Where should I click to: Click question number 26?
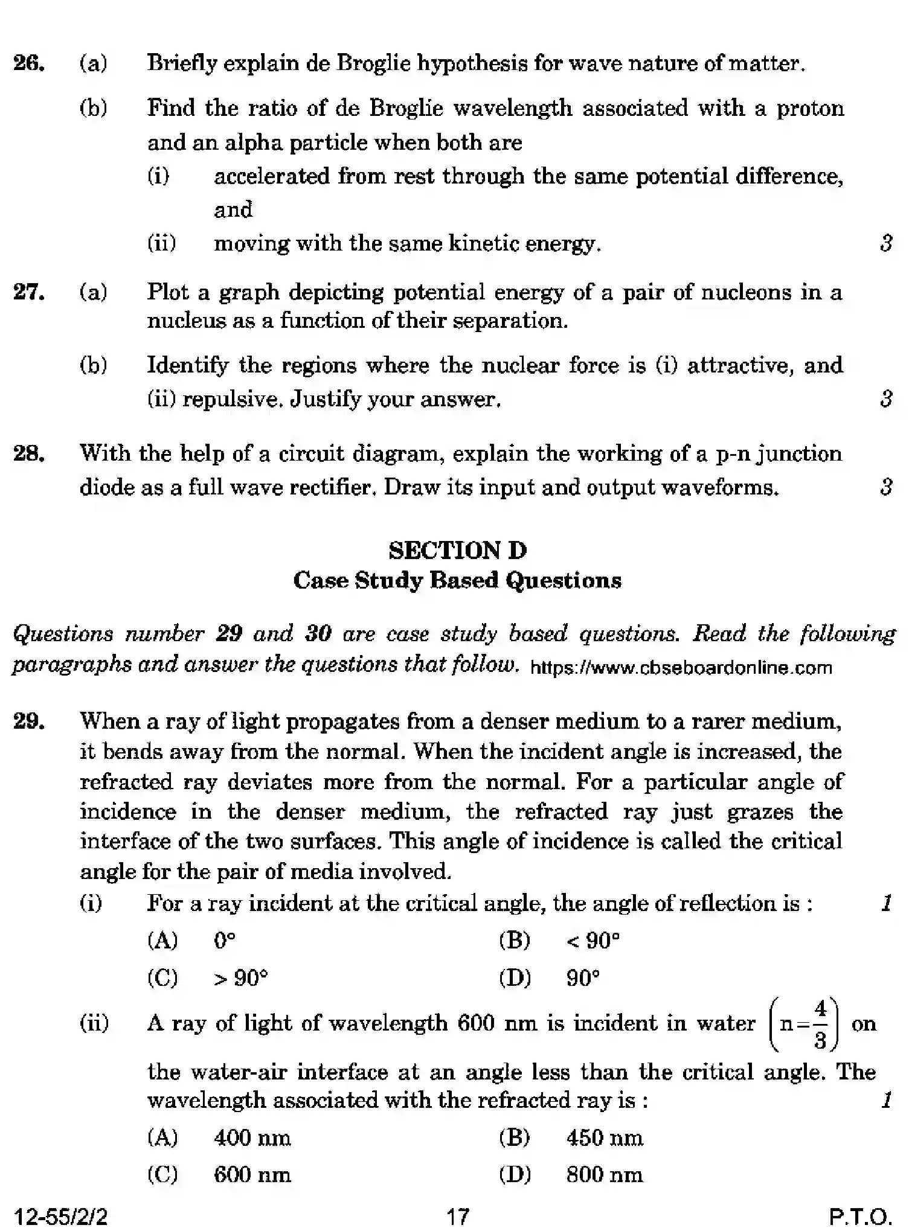29,63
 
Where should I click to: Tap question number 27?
29,292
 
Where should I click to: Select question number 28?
29,453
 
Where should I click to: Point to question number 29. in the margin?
29,721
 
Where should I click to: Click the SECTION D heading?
457,550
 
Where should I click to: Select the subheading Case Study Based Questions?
457,580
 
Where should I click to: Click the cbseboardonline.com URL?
681,668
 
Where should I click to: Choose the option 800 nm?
604,1175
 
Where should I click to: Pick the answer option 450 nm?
604,1138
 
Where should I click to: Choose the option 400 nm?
252,1138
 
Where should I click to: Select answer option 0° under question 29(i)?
225,941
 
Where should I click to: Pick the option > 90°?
240,977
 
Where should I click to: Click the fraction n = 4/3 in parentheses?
803,1024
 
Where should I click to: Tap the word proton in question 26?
810,109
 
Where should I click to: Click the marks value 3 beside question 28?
886,487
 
